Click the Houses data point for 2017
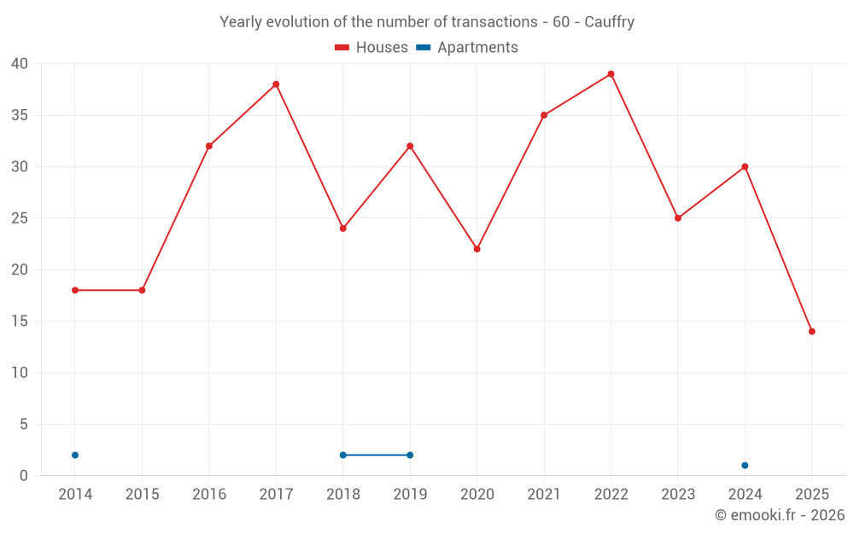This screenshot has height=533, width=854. (x=276, y=84)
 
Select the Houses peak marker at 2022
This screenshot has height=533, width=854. (x=611, y=74)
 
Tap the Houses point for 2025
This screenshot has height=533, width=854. (x=811, y=332)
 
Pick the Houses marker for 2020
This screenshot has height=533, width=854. (x=477, y=249)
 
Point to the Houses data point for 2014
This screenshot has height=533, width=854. (x=75, y=290)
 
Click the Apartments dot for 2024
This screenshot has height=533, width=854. (x=745, y=466)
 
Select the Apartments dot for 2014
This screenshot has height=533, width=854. (x=75, y=455)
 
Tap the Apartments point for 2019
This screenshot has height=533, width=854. (x=410, y=455)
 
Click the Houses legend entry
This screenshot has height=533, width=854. (x=371, y=48)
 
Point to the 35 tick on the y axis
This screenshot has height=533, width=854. (x=20, y=115)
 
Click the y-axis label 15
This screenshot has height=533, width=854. (x=20, y=322)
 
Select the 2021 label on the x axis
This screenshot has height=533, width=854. (x=544, y=495)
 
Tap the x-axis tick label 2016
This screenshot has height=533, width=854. (x=209, y=495)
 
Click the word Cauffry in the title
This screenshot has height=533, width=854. (x=609, y=22)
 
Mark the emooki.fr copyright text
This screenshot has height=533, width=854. (x=780, y=515)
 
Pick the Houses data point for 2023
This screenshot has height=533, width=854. (x=677, y=218)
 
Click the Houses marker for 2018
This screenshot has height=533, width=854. (x=342, y=229)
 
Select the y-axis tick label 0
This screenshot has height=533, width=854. (x=24, y=476)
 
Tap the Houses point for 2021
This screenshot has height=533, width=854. (x=544, y=115)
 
